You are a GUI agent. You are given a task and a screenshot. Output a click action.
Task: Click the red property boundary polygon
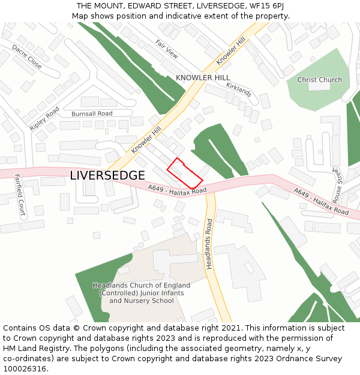(184, 173)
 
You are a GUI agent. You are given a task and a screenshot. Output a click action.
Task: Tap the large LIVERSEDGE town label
(107, 175)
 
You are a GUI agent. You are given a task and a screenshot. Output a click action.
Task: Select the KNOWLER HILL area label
(203, 78)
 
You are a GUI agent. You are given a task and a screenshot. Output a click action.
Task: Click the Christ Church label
(320, 80)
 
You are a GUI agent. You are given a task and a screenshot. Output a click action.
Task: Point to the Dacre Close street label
(27, 56)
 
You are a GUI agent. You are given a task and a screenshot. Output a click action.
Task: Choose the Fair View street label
(167, 49)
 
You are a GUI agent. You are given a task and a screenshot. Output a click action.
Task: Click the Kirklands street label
(239, 90)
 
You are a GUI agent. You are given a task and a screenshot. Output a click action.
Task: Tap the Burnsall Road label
(92, 113)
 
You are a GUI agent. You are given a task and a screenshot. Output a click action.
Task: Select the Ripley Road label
(44, 119)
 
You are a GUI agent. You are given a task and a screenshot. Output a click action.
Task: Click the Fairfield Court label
(20, 195)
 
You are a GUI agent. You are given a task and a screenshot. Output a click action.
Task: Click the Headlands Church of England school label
(141, 293)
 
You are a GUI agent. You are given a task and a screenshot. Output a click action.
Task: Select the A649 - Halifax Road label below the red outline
(177, 190)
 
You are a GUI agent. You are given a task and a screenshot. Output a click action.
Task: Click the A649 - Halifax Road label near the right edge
(321, 202)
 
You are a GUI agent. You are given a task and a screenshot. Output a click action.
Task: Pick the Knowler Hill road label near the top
(231, 51)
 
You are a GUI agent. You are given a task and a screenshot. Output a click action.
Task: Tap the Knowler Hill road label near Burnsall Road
(146, 140)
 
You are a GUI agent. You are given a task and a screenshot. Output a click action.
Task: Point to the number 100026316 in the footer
(25, 368)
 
